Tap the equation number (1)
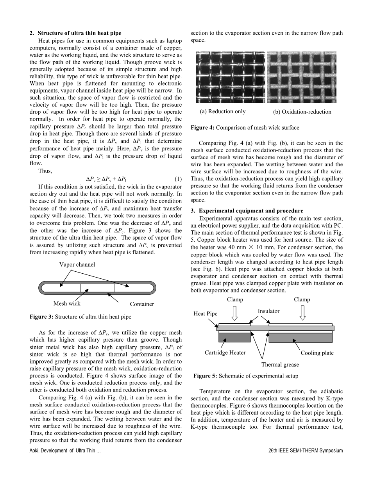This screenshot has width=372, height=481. pyautogui.click(x=178, y=179)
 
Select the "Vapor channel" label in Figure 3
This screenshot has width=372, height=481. pyautogui.click(x=77, y=265)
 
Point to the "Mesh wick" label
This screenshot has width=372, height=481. pyautogui.click(x=67, y=303)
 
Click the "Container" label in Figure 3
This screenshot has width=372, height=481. pyautogui.click(x=142, y=304)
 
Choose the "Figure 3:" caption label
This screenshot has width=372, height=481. pyautogui.click(x=42, y=317)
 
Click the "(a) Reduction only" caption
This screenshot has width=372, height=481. pyautogui.click(x=223, y=111)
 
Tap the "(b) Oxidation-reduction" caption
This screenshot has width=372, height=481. pyautogui.click(x=302, y=112)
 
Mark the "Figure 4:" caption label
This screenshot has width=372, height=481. pyautogui.click(x=202, y=128)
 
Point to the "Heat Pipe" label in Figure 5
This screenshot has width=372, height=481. pyautogui.click(x=206, y=314)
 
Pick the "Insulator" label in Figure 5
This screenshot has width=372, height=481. pyautogui.click(x=268, y=311)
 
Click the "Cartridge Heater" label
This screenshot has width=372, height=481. pyautogui.click(x=225, y=353)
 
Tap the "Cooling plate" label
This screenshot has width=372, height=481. pyautogui.click(x=317, y=353)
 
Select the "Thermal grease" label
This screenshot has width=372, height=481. pyautogui.click(x=280, y=365)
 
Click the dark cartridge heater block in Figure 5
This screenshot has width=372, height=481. pyautogui.click(x=234, y=337)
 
